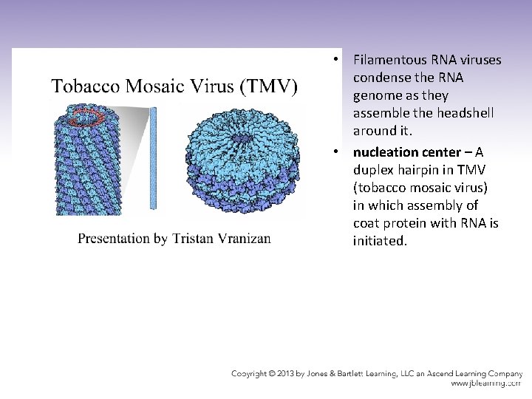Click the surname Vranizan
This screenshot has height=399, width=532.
[x=244, y=238]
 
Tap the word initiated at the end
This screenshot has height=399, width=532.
[x=380, y=240]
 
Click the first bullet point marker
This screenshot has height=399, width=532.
[x=335, y=59]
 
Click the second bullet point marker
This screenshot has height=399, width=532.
[x=335, y=152]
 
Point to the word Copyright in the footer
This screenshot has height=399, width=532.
[x=255, y=374]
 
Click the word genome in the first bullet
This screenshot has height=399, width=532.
[x=375, y=96]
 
